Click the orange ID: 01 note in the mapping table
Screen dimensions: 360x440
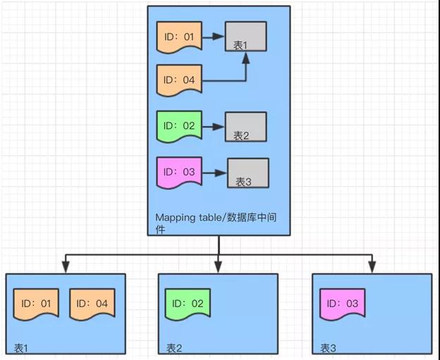[179, 36]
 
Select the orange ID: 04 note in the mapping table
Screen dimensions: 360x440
[179, 80]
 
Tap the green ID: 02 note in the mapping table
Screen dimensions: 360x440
[179, 125]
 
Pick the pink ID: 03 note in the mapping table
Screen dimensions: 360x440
[179, 171]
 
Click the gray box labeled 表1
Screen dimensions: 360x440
[245, 37]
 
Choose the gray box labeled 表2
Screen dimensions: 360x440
[245, 127]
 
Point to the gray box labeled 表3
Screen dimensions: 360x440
[248, 173]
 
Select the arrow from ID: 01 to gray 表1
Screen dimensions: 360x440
[214, 35]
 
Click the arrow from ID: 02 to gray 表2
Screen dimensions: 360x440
[214, 126]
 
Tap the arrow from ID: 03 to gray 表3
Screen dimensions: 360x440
[215, 172]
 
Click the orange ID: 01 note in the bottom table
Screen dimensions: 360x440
[35, 304]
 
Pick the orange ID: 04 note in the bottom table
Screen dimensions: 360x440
[92, 304]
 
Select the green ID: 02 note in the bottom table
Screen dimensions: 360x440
[188, 304]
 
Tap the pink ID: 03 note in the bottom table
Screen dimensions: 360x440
[342, 304]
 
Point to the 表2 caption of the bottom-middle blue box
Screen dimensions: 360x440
[174, 348]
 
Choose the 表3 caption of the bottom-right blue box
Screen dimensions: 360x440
[328, 348]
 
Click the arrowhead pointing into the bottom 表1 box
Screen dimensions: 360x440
[65, 268]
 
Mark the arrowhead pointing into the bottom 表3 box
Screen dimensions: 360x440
[372, 268]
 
